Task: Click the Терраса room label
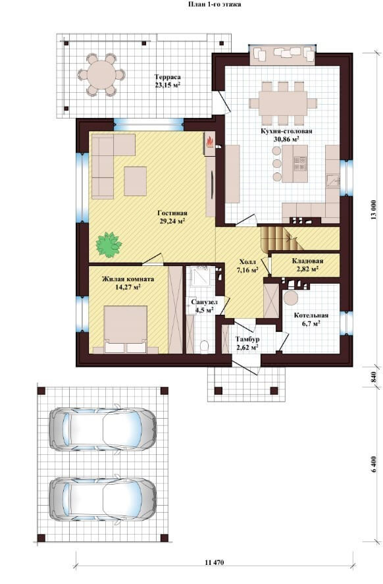[x=168, y=77]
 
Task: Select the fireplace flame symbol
[x=209, y=142]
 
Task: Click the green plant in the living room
[x=109, y=244]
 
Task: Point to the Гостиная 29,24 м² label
[x=172, y=217]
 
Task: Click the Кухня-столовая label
[x=286, y=131]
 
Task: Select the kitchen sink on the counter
[x=333, y=181]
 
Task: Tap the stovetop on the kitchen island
[x=300, y=163]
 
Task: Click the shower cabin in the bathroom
[x=200, y=277]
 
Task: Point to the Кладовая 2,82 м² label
[x=307, y=265]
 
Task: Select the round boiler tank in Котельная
[x=290, y=299]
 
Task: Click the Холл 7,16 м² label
[x=247, y=265]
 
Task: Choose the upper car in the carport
[x=103, y=429]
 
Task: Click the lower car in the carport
[x=103, y=500]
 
